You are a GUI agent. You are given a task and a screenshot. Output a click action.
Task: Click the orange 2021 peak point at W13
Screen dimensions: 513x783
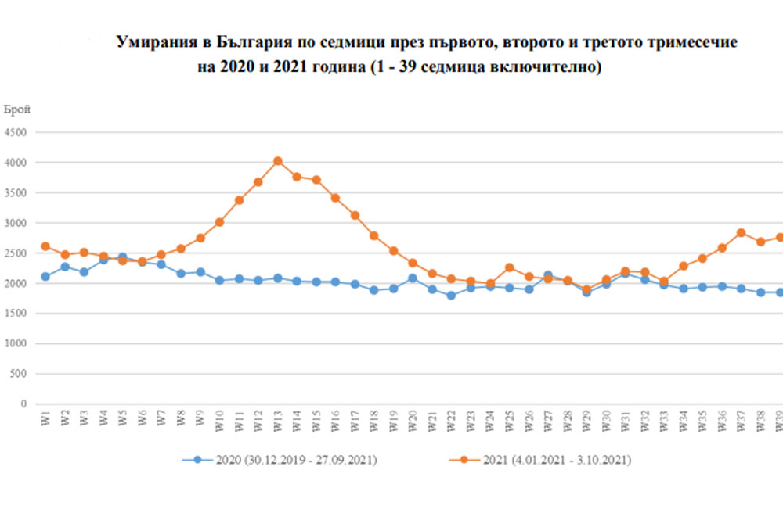coord(277,161)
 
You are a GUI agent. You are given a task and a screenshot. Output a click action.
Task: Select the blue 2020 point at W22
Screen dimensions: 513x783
coord(451,296)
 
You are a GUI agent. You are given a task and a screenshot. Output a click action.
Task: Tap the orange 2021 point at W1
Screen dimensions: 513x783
coord(45,246)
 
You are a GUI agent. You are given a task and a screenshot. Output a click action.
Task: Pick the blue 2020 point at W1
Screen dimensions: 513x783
coord(45,277)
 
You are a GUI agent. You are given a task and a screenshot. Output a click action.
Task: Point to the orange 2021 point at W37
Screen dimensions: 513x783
coord(741,233)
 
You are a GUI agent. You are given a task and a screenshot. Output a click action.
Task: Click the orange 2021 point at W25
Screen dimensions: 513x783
coord(509,267)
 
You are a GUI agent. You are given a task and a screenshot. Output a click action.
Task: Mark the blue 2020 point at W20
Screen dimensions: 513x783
coord(413,278)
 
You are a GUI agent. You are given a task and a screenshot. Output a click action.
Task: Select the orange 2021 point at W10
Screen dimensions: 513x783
coord(219,222)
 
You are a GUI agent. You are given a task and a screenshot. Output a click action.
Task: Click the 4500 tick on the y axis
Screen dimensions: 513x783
coord(16,133)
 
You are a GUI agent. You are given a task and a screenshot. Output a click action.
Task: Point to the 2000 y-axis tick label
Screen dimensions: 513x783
coord(16,284)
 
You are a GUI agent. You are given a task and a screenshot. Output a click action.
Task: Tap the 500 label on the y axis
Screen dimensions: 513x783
coord(19,375)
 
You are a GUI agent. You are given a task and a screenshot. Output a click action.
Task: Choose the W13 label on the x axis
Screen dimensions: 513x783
coord(277,422)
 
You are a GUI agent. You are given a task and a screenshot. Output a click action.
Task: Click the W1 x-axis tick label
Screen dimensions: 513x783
coord(45,421)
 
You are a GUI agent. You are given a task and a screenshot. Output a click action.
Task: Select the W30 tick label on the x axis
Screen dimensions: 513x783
coord(605,422)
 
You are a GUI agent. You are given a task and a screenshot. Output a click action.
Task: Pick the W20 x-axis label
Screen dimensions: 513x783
coord(413,422)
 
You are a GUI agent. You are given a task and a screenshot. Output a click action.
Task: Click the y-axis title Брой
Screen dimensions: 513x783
coord(17,110)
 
